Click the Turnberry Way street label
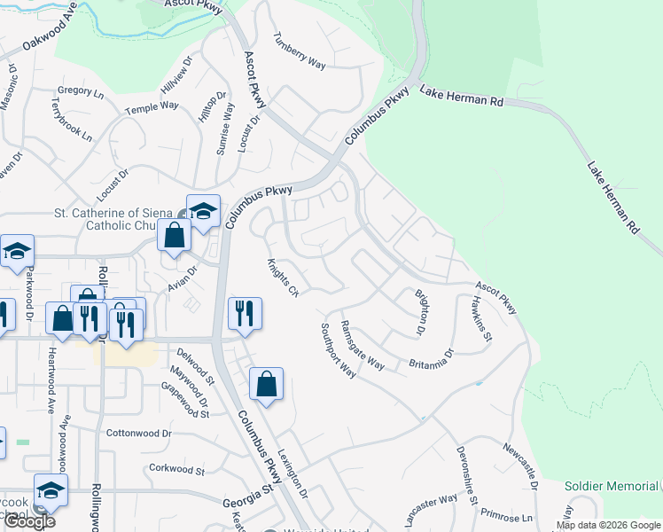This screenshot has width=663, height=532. tap(300, 53)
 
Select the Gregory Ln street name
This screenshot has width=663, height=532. tap(81, 90)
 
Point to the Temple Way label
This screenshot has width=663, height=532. tap(152, 106)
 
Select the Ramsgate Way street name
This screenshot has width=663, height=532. tap(363, 345)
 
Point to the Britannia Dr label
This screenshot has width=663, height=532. tap(431, 358)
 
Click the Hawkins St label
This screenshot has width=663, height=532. tap(481, 318)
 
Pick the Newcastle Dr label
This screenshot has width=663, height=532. tap(521, 466)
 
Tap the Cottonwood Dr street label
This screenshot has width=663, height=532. tap(136, 434)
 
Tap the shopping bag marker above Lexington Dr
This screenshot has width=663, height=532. tap(266, 384)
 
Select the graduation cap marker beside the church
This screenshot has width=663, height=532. tap(203, 212)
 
